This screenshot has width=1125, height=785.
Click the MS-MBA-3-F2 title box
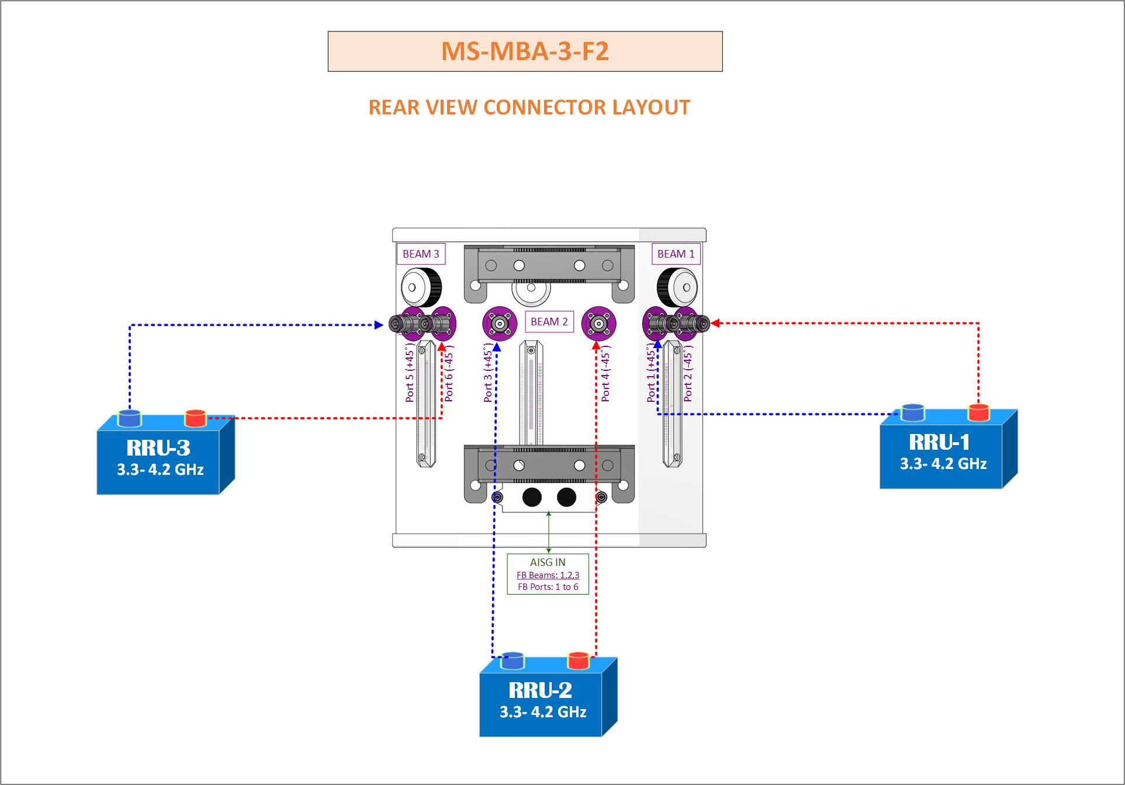525,51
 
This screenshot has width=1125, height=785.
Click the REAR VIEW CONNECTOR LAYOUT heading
529,107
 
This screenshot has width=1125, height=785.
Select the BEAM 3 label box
421,254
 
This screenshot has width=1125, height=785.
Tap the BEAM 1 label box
676,254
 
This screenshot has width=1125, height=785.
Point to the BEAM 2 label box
549,322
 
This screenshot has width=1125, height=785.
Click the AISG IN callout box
548,574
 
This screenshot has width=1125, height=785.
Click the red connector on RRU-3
195,418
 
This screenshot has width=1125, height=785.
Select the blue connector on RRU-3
130,418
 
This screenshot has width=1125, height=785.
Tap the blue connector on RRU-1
912,412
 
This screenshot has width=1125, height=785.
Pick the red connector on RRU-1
978,412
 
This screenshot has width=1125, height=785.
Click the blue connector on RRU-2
513,661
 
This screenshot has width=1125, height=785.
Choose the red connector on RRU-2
579,661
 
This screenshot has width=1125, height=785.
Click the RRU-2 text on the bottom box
540,690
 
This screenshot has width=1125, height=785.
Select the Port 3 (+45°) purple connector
500,323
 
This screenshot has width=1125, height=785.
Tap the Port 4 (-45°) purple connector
598,323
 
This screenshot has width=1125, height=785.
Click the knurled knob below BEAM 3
421,287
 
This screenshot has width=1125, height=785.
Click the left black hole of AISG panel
532,498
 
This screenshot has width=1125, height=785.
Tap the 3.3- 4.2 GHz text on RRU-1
943,464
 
